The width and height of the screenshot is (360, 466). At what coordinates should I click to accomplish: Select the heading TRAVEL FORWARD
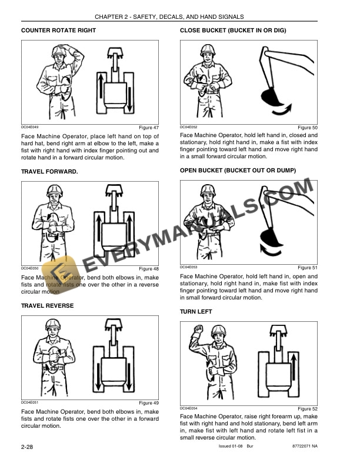point(49,172)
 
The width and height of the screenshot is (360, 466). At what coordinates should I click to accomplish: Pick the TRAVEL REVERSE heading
point(48,306)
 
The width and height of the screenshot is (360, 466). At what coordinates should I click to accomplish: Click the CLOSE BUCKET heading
point(233,30)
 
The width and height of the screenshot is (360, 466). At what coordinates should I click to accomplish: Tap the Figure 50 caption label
point(307,128)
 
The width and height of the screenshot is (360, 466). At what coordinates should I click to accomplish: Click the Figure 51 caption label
point(307,268)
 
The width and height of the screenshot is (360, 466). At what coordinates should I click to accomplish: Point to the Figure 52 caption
point(307,409)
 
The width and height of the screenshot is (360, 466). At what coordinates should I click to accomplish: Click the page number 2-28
point(26,448)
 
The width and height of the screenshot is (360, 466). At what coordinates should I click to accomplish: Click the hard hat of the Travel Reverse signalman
point(53,324)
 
